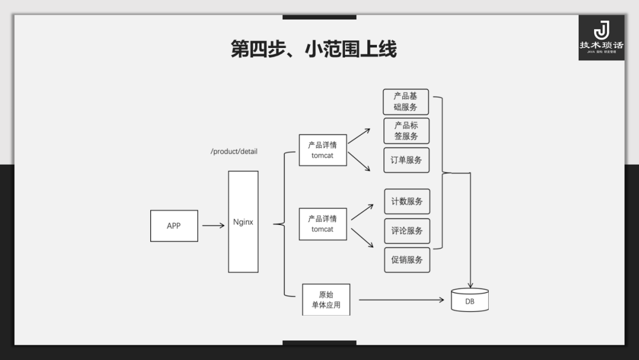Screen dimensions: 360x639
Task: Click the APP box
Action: (174, 226)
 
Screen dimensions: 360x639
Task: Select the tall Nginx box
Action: (243, 222)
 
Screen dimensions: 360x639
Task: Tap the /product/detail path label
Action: (234, 152)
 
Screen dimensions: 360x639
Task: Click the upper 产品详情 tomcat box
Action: (322, 150)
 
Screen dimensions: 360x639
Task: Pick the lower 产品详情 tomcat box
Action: (322, 224)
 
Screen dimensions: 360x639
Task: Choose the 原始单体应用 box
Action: (326, 300)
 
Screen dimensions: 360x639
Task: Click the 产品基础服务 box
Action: (406, 102)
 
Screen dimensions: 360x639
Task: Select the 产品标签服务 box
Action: (406, 131)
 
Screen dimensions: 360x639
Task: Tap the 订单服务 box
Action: (406, 160)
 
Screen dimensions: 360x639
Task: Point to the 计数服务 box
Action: (407, 201)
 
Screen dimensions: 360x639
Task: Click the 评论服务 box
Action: (407, 231)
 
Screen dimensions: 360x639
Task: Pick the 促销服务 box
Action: (407, 260)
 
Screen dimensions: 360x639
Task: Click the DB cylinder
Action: (470, 300)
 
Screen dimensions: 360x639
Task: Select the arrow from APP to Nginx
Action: (213, 226)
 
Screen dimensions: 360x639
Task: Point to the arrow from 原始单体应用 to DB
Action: (401, 300)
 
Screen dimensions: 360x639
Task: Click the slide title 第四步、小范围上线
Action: (314, 49)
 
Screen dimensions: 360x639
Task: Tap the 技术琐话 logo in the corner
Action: (601, 37)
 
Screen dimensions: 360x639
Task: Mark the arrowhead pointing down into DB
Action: (470, 285)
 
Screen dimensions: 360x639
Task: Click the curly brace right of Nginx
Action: (283, 224)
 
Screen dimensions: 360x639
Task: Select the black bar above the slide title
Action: (319, 17)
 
